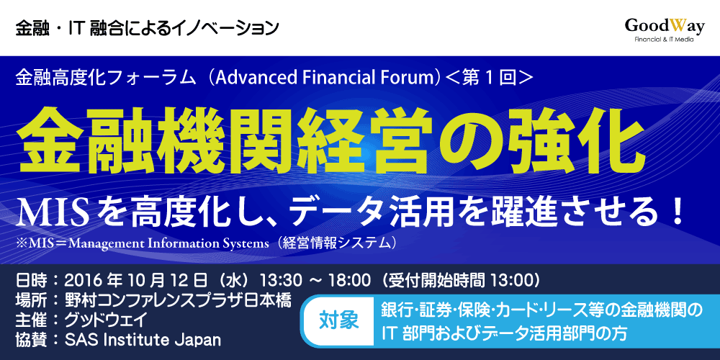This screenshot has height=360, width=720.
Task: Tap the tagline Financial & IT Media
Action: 664,40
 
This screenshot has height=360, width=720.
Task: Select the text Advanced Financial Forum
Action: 325,77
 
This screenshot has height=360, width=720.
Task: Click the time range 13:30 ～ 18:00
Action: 315,279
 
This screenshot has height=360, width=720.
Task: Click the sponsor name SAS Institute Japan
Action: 143,341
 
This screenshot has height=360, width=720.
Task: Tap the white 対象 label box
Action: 339,320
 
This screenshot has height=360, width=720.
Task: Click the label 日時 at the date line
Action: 31,279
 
